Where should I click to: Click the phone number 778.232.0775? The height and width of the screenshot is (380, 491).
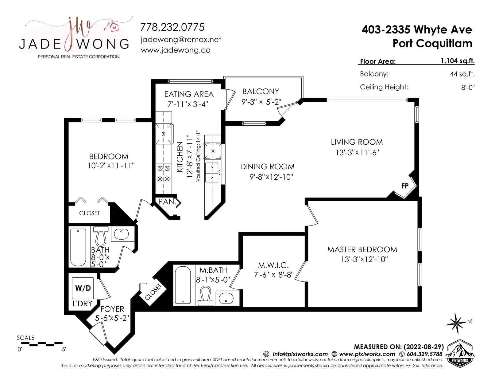tap(172, 27)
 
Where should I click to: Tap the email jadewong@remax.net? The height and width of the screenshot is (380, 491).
tap(181, 40)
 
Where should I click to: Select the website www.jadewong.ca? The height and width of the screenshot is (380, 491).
tap(176, 50)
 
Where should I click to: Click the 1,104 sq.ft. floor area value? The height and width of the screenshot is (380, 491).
tap(458, 61)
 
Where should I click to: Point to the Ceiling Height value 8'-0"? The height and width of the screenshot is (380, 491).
tap(468, 87)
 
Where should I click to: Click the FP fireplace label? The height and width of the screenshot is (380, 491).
tap(405, 186)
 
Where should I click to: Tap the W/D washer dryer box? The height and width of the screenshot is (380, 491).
tap(83, 288)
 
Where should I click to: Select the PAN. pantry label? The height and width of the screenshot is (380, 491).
tap(167, 202)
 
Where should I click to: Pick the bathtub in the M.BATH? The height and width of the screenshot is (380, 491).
tap(183, 285)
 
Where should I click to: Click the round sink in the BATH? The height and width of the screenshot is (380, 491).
tap(121, 234)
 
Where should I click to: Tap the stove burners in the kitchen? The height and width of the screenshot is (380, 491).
tap(164, 174)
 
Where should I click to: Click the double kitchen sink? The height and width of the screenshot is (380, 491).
tap(212, 172)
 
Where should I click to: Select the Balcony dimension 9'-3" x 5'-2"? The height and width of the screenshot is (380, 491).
tap(261, 102)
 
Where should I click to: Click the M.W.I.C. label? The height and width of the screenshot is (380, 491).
tap(273, 265)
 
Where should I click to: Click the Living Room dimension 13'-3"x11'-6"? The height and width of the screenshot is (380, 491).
tap(357, 153)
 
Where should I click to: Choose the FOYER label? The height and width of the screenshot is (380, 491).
tap(112, 309)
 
